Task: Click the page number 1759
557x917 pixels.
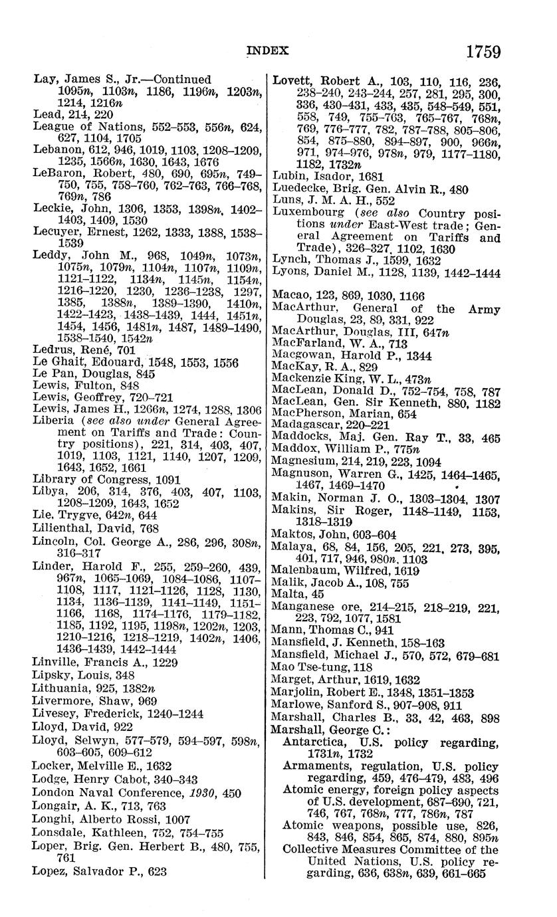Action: pyautogui.click(x=483, y=51)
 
